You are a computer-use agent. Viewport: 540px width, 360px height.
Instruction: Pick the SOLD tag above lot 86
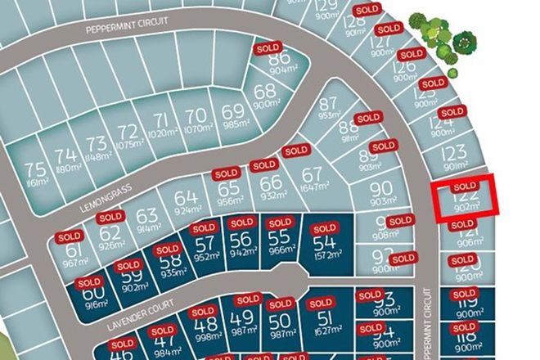point(268,48)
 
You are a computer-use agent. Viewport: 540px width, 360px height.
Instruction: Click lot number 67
point(312,174)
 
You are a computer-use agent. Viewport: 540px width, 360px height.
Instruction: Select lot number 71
point(161,121)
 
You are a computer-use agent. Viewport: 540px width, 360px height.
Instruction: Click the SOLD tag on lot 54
point(325,227)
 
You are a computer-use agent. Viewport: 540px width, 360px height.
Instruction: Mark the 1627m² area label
point(325,332)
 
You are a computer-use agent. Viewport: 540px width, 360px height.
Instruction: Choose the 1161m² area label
point(36,183)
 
